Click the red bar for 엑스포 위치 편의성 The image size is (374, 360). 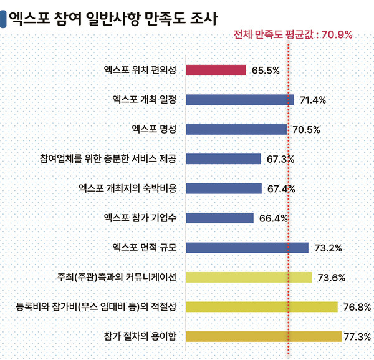tap(216, 70)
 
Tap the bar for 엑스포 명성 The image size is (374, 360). tap(236, 129)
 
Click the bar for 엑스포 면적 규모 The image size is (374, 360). tap(247, 248)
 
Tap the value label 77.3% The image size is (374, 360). tap(358, 337)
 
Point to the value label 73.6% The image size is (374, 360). tap(331, 278)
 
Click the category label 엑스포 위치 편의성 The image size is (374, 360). tap(140, 70)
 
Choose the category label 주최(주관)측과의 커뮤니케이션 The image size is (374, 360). tap(117, 277)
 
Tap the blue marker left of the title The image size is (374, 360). tap(4, 17)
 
